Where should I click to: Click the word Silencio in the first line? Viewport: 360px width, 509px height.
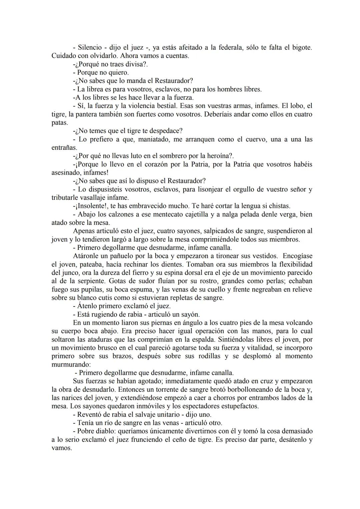pyautogui.click(x=89, y=48)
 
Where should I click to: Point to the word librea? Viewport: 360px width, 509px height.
pyautogui.click(x=96, y=89)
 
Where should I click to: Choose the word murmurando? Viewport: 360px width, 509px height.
pyautogui.click(x=69, y=364)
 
